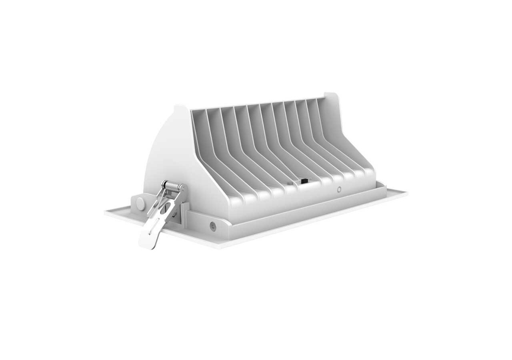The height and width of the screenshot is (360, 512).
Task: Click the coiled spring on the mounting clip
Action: [x=173, y=186]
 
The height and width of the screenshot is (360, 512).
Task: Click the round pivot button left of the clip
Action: [x=140, y=204]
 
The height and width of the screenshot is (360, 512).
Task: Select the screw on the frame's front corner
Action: [x=213, y=226]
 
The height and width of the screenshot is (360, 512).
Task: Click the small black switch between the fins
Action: [x=304, y=181]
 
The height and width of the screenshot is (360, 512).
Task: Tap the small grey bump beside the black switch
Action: [x=290, y=184]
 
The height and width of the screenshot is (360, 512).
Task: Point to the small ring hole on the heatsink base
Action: [x=339, y=190]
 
